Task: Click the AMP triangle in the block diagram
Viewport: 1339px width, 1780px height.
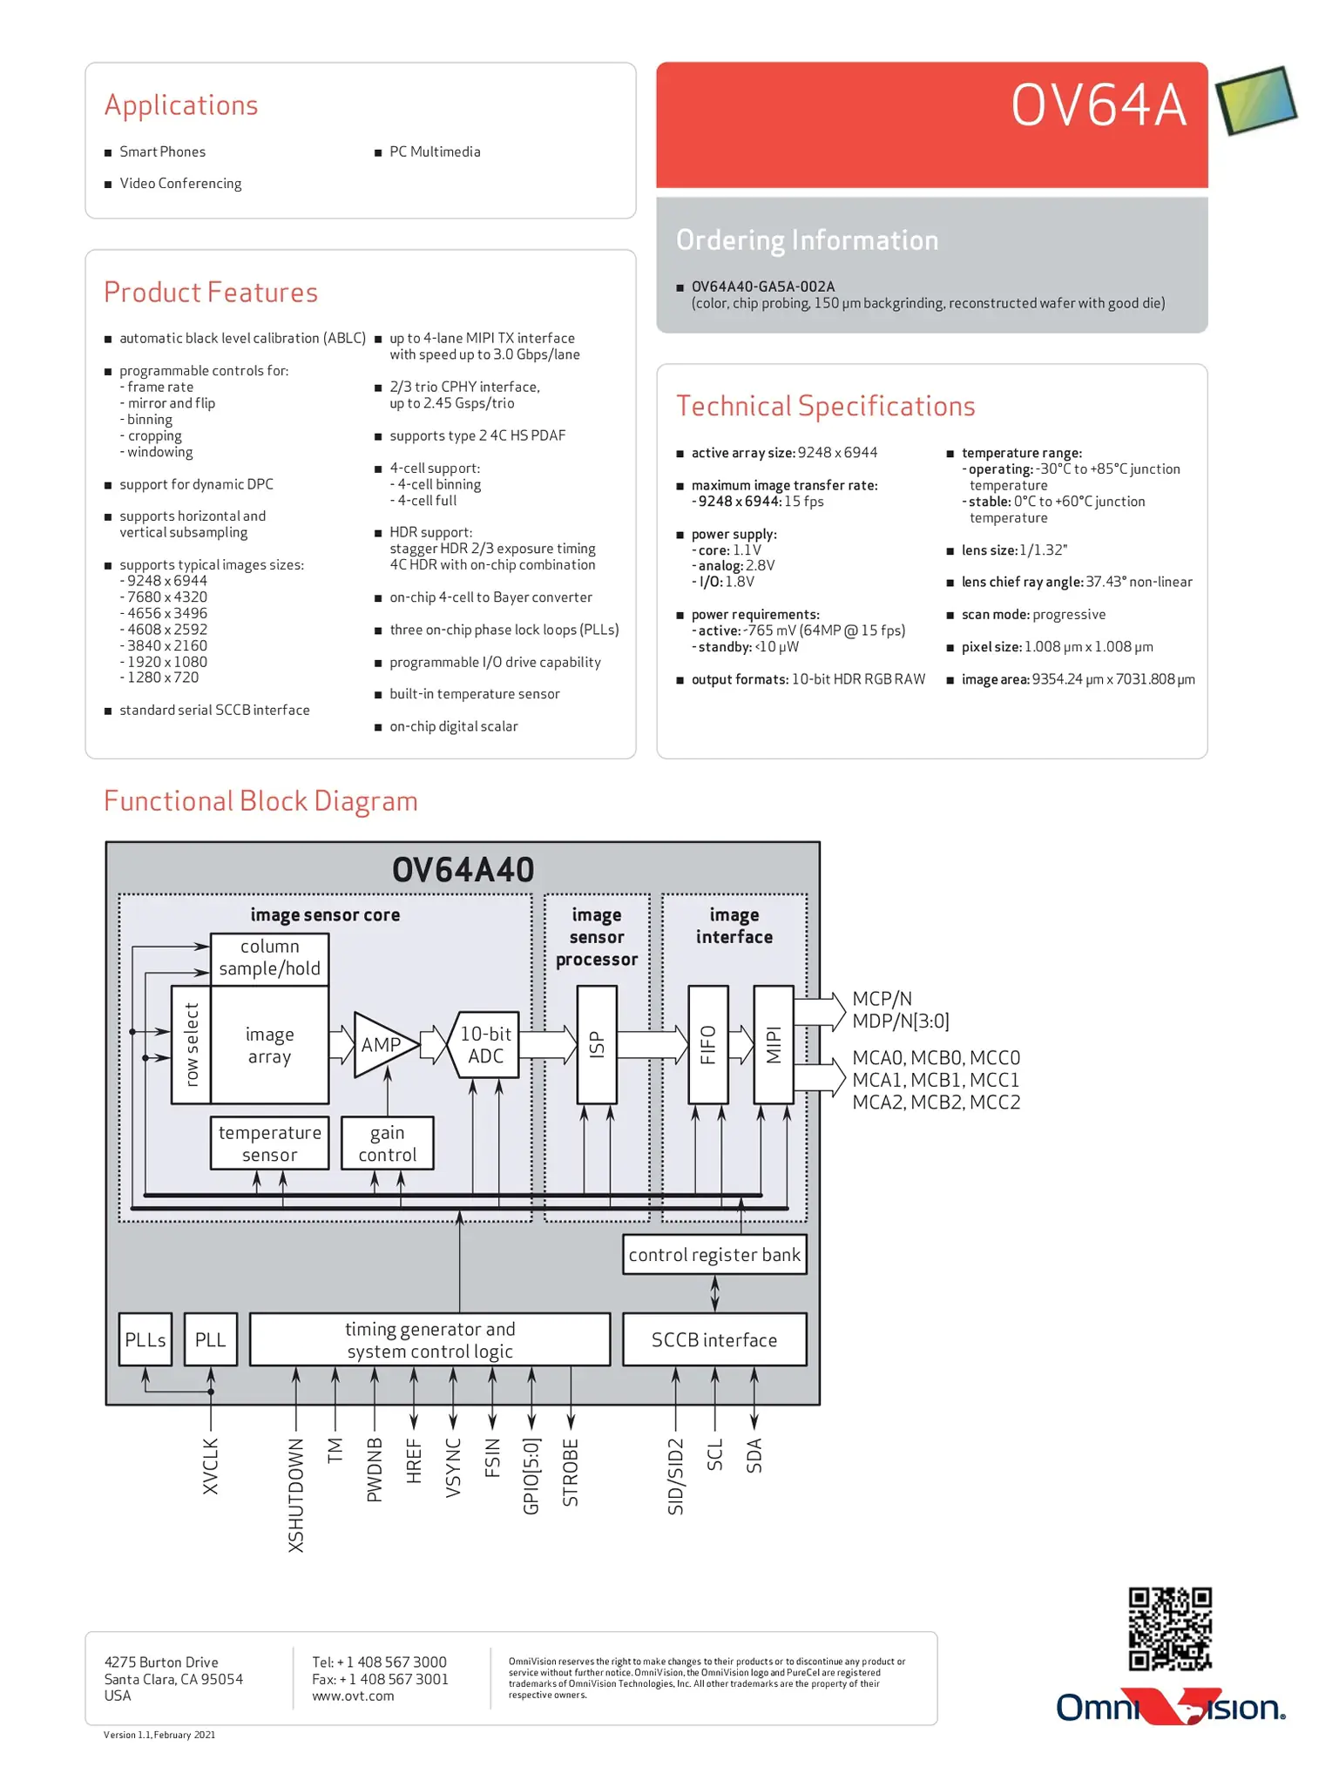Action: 382,1044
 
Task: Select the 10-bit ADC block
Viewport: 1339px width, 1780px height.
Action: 484,1044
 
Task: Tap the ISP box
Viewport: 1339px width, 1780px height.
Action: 597,1044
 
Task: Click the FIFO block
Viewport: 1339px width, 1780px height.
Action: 707,1044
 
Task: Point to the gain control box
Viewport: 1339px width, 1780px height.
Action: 387,1143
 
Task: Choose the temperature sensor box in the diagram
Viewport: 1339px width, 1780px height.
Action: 269,1143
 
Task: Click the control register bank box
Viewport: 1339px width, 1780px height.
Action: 714,1255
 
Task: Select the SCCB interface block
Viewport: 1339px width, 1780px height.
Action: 714,1339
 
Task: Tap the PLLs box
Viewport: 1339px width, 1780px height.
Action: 145,1339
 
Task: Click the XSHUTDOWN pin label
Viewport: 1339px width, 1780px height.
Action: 296,1494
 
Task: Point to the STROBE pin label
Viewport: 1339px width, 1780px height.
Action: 571,1472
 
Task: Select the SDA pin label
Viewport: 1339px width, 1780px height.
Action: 754,1455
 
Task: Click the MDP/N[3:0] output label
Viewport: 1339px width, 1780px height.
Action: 901,1021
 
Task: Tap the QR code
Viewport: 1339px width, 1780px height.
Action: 1170,1628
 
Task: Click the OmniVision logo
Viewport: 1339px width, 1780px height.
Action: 1171,1707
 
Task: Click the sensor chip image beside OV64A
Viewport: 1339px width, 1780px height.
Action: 1256,101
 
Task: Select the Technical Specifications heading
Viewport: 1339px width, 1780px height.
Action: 825,407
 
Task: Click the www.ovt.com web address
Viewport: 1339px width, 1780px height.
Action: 353,1696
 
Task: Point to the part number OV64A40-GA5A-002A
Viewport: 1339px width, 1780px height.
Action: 763,287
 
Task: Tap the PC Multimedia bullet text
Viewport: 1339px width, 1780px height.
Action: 435,152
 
